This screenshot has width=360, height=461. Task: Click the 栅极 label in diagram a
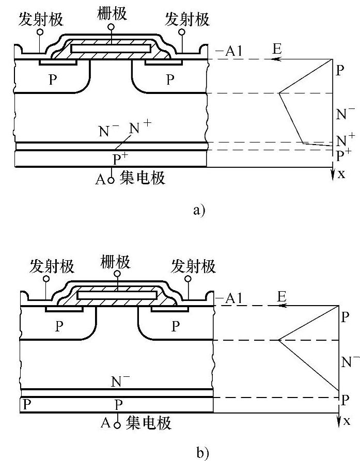click(x=111, y=13)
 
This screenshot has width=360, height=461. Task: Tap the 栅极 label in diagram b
click(x=117, y=263)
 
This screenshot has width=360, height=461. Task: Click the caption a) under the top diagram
click(x=198, y=210)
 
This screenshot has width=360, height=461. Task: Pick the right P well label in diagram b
click(x=176, y=326)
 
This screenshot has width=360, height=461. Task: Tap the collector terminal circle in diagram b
click(x=117, y=424)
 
